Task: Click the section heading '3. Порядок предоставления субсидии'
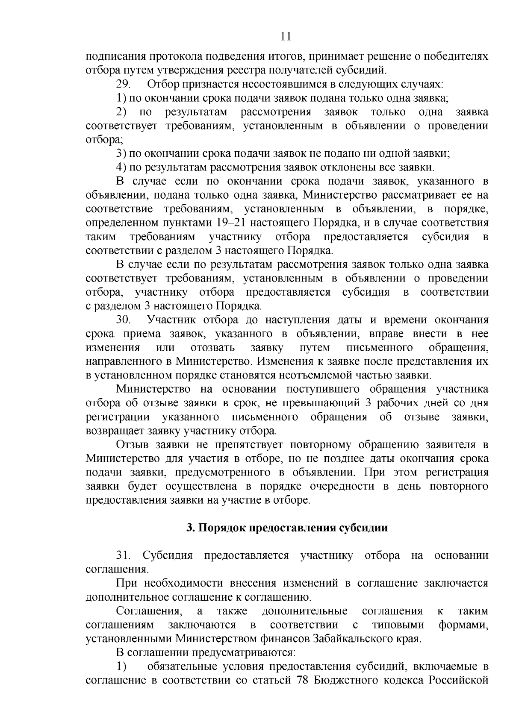tap(287, 528)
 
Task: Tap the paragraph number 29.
tap(124, 84)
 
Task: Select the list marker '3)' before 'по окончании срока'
tap(121, 153)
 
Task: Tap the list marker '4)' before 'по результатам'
tap(121, 167)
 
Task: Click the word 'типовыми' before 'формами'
tap(398, 625)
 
